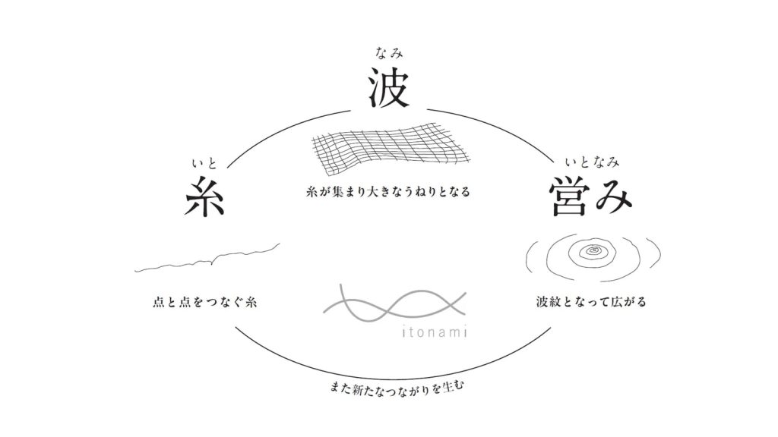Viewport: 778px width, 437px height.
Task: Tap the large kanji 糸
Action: (204, 196)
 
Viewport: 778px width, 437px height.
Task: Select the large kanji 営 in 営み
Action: (568, 196)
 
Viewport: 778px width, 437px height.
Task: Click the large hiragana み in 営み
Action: (613, 198)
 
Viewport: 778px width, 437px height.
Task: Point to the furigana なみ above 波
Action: (390, 52)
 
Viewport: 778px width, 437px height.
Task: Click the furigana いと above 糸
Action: (204, 163)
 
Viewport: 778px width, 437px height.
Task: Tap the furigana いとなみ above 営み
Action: (592, 162)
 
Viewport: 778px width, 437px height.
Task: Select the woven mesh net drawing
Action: (391, 148)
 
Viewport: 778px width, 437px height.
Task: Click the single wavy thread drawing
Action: (207, 258)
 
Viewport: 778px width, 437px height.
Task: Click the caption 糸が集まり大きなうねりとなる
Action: (388, 192)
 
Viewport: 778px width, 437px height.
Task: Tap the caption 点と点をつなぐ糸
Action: (204, 302)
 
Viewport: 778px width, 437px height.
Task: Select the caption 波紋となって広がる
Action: (591, 301)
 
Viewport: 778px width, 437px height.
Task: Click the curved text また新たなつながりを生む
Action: (396, 388)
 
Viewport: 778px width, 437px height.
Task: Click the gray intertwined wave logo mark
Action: (395, 302)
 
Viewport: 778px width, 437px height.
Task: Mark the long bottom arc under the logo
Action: (392, 378)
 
